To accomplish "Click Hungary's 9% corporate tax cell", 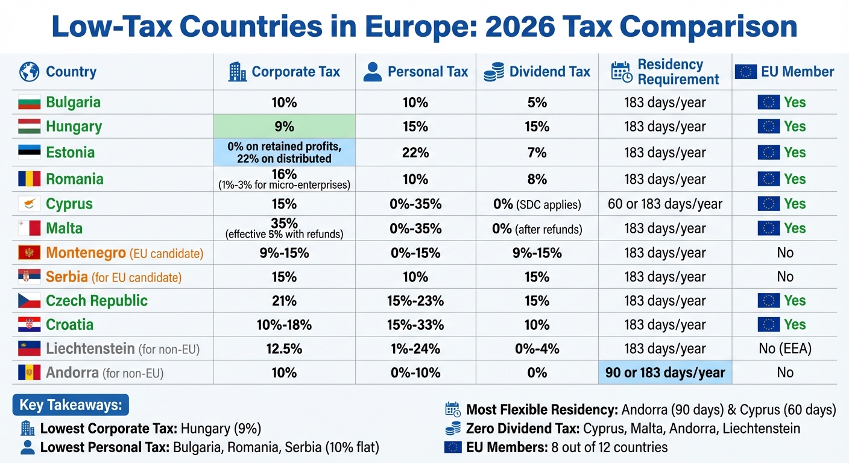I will [284, 127].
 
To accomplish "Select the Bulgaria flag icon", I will [30, 102].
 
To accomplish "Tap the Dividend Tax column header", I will [549, 72].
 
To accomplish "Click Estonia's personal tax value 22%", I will [415, 153].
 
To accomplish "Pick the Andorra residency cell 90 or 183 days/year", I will [664, 373].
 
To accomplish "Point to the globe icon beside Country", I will [29, 72].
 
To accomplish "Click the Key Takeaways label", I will [71, 405].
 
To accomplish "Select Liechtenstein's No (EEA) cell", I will [784, 348].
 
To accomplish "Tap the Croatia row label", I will [69, 324].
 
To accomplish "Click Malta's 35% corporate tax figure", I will [284, 223].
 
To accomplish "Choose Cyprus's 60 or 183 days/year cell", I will [664, 204].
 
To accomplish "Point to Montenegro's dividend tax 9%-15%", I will [537, 253].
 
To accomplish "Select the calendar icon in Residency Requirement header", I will [621, 72].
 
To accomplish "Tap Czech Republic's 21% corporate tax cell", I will [284, 300].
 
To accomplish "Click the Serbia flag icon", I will [30, 277].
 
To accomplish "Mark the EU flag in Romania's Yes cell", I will [768, 179].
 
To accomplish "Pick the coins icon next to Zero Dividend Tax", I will [452, 429].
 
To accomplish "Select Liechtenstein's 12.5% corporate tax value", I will [284, 348].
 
